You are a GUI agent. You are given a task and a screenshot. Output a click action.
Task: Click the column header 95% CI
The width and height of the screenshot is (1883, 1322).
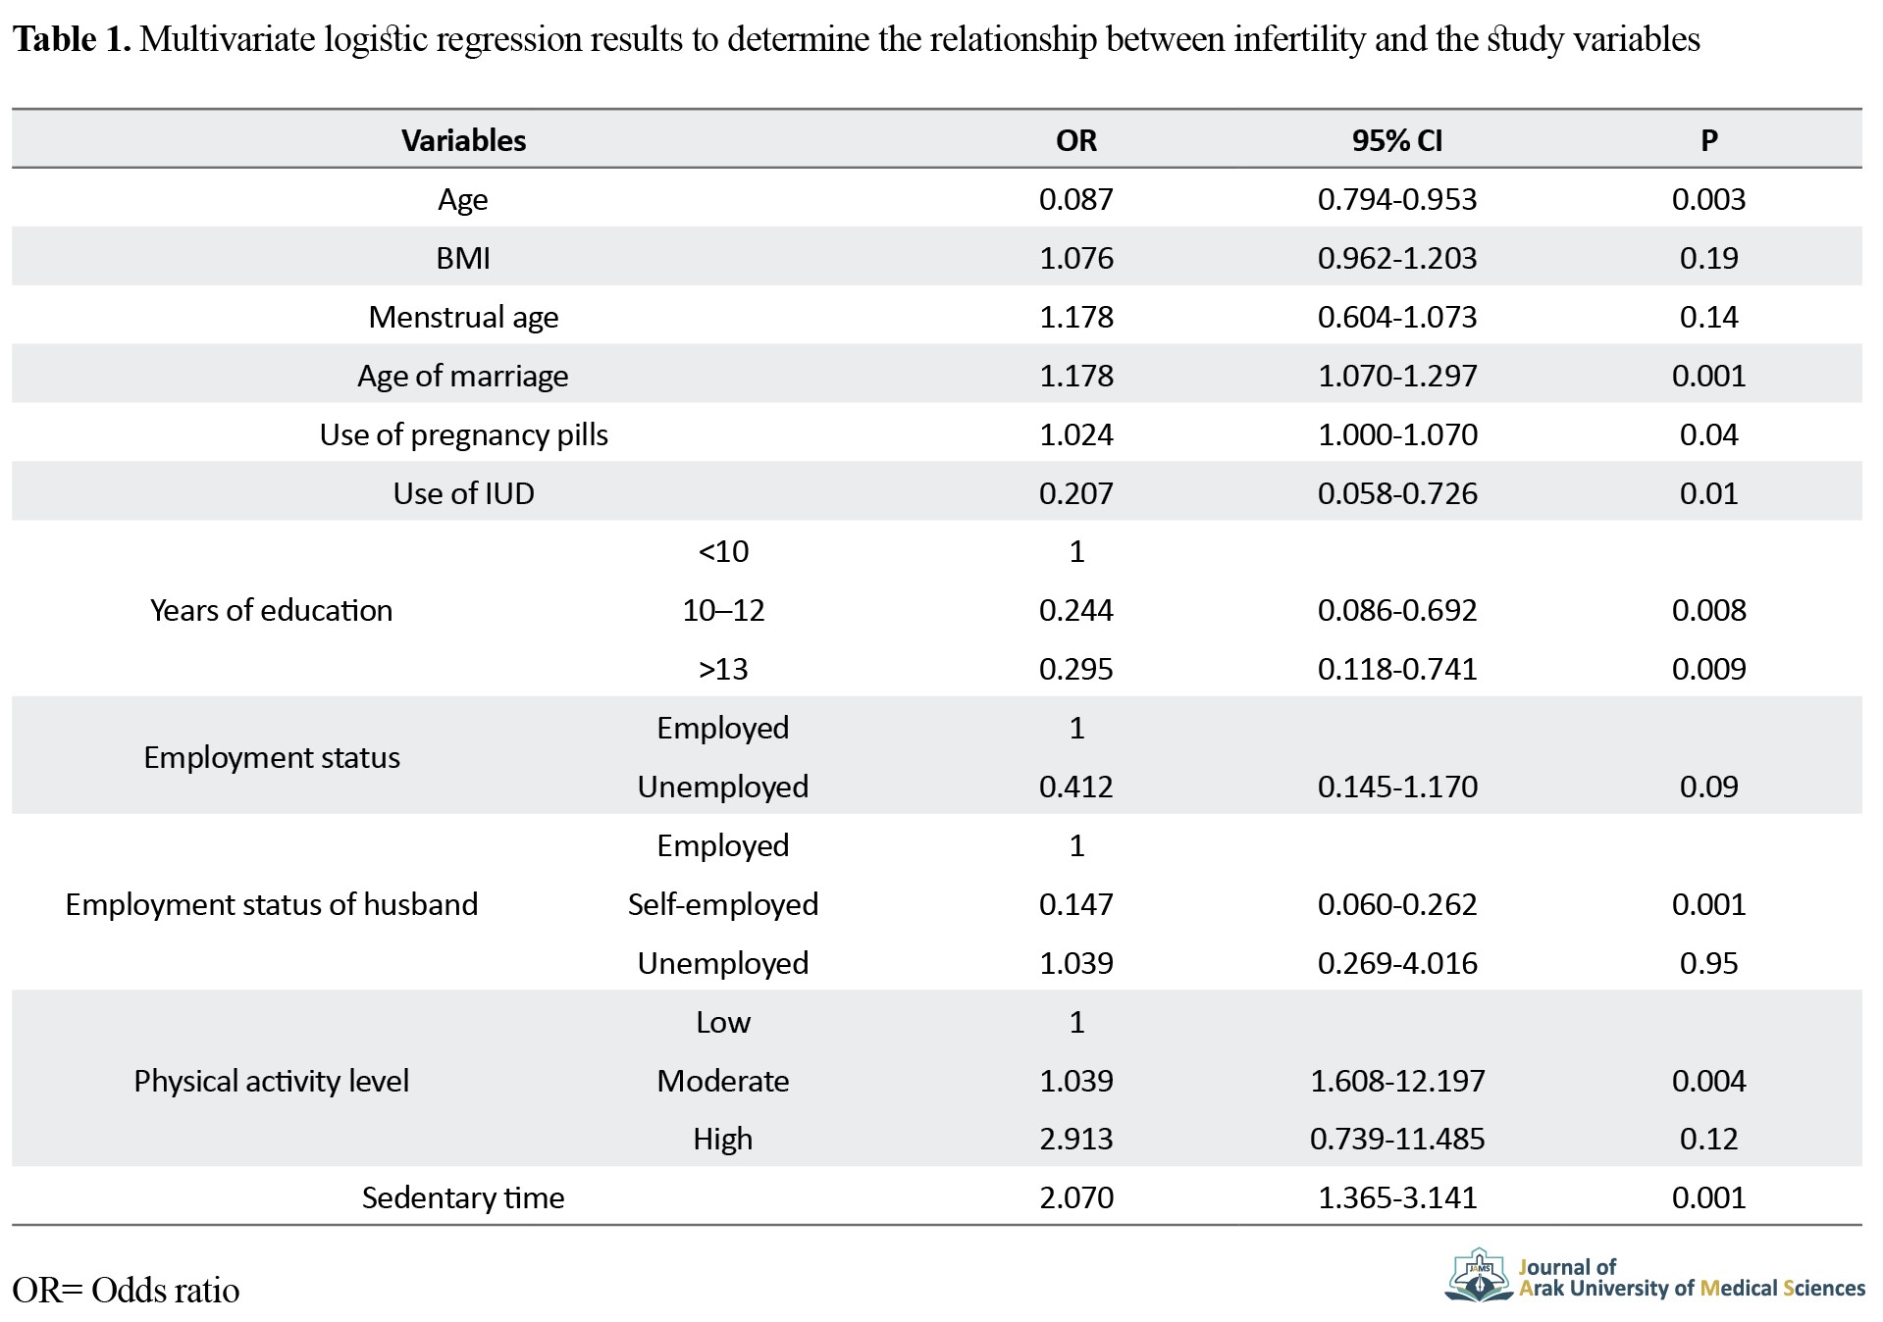[x=1396, y=140]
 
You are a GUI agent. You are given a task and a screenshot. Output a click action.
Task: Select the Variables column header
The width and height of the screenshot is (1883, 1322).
[x=463, y=140]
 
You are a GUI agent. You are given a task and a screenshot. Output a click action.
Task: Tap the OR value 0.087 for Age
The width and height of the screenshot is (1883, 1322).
[x=1075, y=199]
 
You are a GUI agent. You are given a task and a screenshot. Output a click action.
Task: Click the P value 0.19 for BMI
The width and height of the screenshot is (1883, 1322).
[x=1708, y=258]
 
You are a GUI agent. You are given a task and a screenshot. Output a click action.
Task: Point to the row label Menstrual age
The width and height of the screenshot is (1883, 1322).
[x=463, y=317]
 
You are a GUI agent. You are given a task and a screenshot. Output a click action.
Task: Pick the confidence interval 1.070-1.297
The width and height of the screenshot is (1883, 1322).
[x=1397, y=376]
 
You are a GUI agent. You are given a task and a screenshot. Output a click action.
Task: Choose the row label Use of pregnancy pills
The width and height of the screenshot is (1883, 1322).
[x=463, y=434]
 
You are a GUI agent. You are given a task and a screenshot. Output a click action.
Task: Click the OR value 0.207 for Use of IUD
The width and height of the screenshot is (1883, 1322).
[x=1075, y=493]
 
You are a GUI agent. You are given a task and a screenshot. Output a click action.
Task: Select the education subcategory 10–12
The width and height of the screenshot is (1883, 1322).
[x=723, y=610]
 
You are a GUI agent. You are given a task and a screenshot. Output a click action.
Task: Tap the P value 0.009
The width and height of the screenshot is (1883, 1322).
[x=1708, y=669]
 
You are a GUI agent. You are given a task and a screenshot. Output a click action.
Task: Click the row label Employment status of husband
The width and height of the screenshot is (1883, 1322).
[x=272, y=904]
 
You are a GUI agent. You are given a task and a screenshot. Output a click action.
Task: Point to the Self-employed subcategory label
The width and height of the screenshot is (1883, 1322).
[x=723, y=904]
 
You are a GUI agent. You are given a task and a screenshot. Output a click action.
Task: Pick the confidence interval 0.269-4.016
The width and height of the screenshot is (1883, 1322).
[x=1397, y=963]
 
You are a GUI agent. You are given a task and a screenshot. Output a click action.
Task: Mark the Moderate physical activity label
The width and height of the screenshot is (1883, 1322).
[x=723, y=1081]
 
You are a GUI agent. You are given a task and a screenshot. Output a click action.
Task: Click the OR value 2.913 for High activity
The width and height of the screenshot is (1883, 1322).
[x=1075, y=1139]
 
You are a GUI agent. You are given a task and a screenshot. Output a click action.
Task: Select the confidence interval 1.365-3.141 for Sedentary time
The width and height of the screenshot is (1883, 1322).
[x=1397, y=1197]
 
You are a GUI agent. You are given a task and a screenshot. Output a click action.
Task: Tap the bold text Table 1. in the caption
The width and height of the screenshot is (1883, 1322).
[x=72, y=39]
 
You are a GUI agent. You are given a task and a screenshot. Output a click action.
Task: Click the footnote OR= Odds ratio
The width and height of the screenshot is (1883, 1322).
[x=126, y=1290]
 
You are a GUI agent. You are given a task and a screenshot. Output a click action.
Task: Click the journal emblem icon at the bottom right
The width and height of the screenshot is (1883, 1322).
[x=1479, y=1275]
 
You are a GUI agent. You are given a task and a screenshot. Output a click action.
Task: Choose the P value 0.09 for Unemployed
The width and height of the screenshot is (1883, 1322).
[x=1708, y=787]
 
